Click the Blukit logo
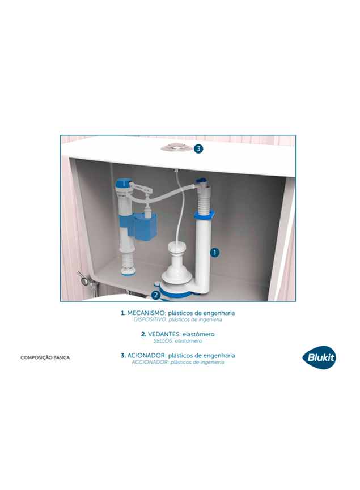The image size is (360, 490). click(319, 357)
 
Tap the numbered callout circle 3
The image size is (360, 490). click(198, 148)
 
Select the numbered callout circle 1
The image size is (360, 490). click(214, 252)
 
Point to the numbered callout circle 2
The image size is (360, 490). click(156, 295)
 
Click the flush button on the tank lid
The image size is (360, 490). click(176, 148)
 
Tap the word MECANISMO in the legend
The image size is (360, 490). click(146, 313)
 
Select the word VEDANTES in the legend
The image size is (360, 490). click(164, 334)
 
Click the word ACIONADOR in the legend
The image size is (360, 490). click(146, 355)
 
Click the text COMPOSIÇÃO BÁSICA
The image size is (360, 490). click(46, 357)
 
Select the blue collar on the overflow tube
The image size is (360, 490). click(204, 215)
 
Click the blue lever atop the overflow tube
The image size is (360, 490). click(201, 181)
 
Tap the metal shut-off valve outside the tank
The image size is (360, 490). click(83, 279)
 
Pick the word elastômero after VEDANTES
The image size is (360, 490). click(198, 334)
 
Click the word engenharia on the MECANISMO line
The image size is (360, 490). click(219, 313)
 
